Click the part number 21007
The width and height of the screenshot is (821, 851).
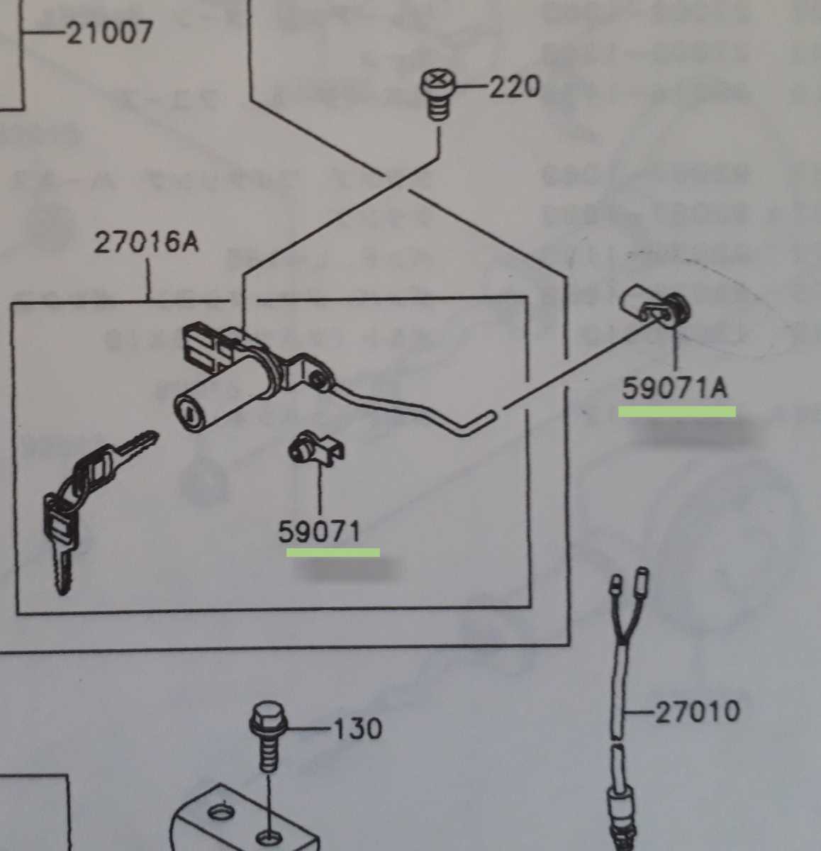(109, 32)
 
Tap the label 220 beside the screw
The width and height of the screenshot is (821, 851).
(514, 87)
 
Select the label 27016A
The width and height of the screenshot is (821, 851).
(147, 243)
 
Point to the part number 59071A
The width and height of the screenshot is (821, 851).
(674, 388)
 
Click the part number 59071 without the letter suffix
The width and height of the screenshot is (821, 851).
(319, 531)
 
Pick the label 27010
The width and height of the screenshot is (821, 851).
(697, 711)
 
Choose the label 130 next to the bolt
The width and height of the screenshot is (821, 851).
(357, 728)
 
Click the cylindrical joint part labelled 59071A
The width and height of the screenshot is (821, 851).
(654, 305)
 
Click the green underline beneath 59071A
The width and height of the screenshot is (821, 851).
(677, 411)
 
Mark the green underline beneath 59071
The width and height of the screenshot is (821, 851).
(333, 552)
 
